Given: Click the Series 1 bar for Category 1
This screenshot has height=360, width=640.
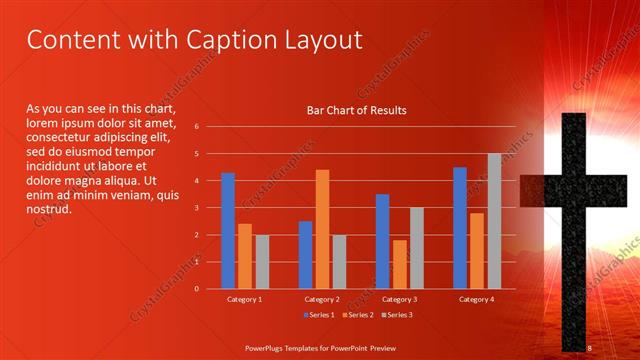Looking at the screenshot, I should click(x=228, y=231).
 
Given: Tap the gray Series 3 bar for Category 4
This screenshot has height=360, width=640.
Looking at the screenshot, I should click(x=494, y=221).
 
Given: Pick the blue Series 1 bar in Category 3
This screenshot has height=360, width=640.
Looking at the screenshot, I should click(x=382, y=241).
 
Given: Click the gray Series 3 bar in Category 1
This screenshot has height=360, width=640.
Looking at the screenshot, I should click(x=262, y=262).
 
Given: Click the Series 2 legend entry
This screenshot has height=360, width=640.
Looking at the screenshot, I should click(x=358, y=315).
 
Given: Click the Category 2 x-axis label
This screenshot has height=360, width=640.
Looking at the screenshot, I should click(x=322, y=299).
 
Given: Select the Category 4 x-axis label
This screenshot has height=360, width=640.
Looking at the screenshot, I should click(x=477, y=299).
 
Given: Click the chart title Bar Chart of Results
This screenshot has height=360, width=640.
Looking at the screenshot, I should click(x=356, y=110).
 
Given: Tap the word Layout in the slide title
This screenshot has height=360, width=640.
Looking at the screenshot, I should click(x=319, y=41).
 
